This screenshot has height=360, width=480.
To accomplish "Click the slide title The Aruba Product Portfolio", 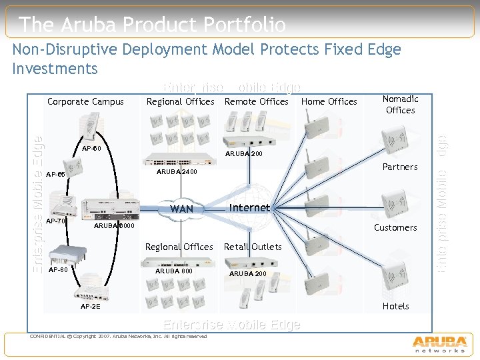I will [153, 25].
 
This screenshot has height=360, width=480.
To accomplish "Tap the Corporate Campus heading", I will [85, 102].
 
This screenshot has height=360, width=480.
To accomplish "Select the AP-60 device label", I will [91, 148].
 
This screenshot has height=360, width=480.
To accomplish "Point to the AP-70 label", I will [57, 221].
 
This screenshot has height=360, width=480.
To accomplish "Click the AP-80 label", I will [59, 270].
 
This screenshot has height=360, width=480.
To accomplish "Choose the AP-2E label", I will [90, 307].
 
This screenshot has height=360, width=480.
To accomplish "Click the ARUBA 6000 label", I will [114, 226].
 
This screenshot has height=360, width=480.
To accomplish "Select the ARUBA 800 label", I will [173, 271].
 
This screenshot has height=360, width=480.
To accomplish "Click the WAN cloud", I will [181, 209].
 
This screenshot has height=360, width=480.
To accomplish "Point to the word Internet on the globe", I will [249, 207].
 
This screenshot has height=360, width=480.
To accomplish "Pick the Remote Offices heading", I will [256, 102].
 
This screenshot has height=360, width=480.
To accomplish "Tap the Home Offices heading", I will [329, 102].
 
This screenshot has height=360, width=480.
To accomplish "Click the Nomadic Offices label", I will [400, 105].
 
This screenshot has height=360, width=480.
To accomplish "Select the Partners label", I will [400, 167].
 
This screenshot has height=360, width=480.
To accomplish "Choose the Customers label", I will [395, 227].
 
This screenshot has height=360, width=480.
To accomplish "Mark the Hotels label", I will [395, 306].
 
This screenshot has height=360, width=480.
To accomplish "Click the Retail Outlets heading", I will [253, 247].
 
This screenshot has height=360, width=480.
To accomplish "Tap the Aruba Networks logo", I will [439, 343].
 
